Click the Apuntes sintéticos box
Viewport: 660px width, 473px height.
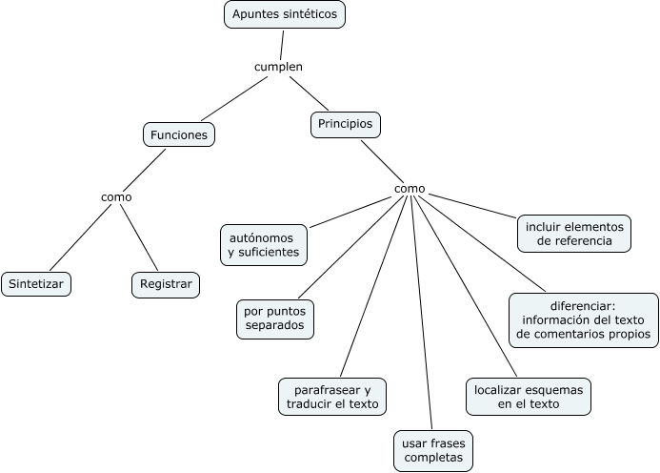click(285, 14)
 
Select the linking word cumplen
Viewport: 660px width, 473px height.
click(278, 67)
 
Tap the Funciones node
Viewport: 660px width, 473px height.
click(179, 135)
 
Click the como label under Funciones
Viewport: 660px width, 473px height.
click(116, 196)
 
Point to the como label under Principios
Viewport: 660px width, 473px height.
click(410, 189)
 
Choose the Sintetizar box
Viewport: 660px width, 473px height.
click(37, 283)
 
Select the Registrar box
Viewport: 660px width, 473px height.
click(166, 283)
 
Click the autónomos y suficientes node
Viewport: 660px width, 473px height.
click(264, 243)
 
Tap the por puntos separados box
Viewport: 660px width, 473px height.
click(275, 319)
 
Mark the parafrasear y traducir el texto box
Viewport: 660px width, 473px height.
click(332, 397)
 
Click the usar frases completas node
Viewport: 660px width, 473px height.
click(433, 450)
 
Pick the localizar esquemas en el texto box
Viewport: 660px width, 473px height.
click(529, 396)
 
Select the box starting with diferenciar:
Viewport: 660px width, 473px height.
click(584, 320)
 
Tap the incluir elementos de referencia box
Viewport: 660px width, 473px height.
click(575, 235)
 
